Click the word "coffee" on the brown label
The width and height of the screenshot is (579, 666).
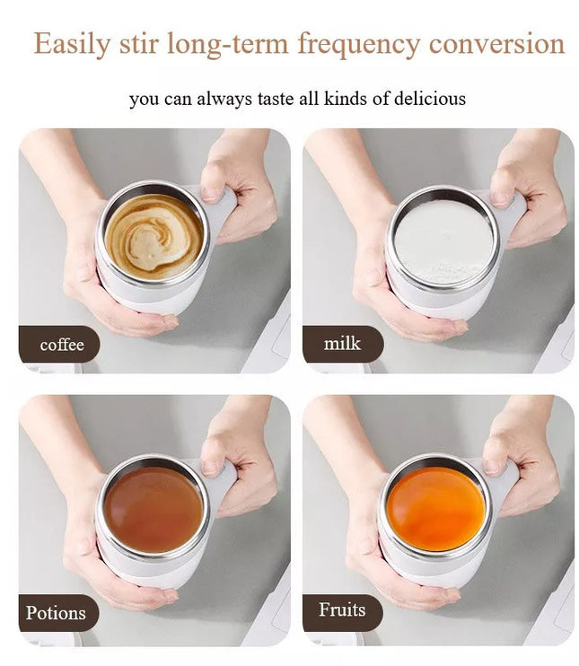tap(62, 345)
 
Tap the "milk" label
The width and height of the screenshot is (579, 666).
tap(342, 344)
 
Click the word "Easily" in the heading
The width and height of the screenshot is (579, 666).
tap(72, 45)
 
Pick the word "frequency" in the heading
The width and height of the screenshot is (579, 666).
tap(359, 45)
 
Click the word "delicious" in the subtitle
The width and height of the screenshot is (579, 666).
tap(430, 98)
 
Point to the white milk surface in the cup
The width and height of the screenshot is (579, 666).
tap(444, 241)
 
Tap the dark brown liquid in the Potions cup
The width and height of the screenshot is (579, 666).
tap(154, 509)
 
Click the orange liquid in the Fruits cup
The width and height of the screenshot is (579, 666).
tap(436, 508)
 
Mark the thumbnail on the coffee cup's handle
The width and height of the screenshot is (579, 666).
tap(210, 193)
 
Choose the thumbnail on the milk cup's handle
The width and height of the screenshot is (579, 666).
tap(500, 198)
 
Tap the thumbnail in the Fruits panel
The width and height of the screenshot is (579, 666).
tap(492, 467)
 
